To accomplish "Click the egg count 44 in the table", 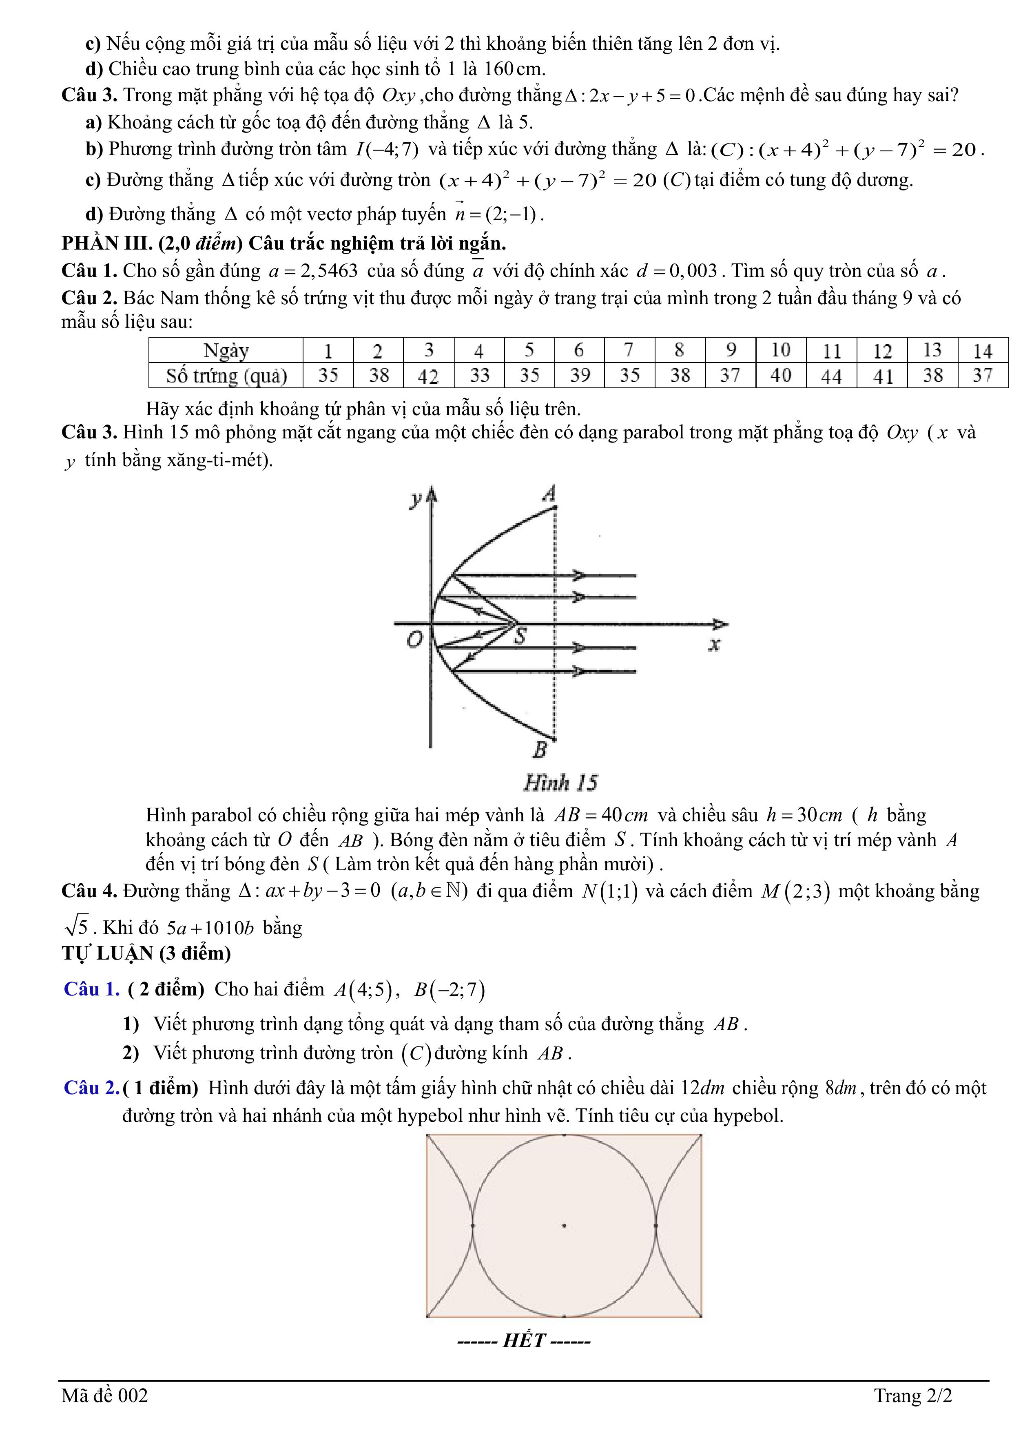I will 831,376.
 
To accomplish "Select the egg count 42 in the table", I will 428,376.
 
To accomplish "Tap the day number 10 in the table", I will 781,350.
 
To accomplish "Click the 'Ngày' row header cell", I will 226,351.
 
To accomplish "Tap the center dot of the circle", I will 564,1226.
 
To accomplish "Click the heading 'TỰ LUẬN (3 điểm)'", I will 146,953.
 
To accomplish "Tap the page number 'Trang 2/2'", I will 913,1396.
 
